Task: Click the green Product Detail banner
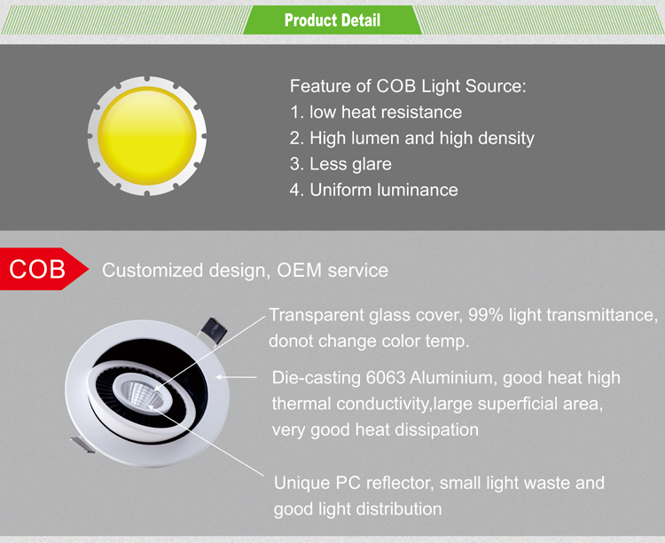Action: (332, 20)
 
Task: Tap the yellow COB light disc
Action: (146, 136)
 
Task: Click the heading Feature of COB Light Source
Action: (408, 86)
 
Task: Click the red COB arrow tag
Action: (43, 269)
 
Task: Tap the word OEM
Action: (299, 271)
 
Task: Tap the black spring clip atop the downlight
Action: (214, 328)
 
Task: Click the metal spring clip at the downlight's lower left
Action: (83, 445)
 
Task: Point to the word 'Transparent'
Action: (317, 315)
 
